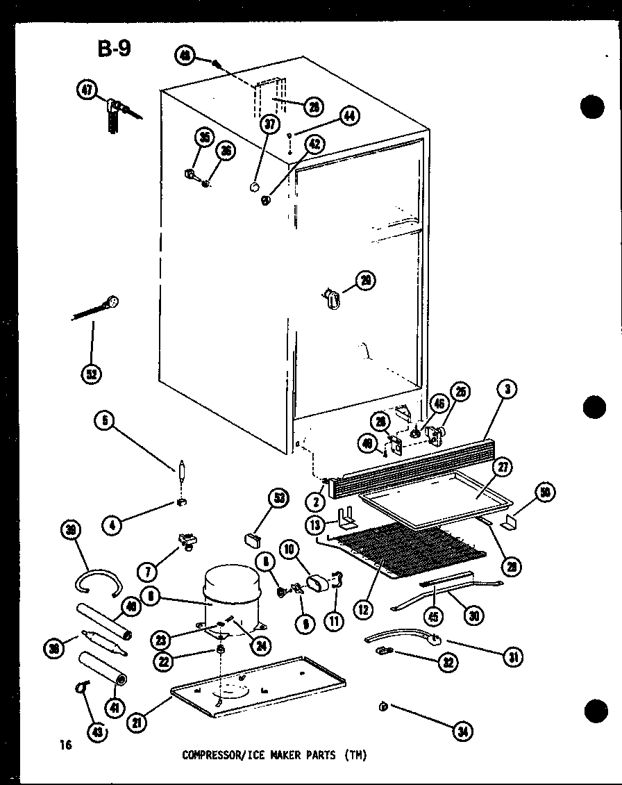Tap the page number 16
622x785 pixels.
coord(65,745)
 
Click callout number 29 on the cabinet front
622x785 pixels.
coord(364,280)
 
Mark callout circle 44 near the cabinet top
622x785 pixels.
coord(348,117)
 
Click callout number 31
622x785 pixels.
coord(513,656)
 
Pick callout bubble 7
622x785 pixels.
coord(146,572)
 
